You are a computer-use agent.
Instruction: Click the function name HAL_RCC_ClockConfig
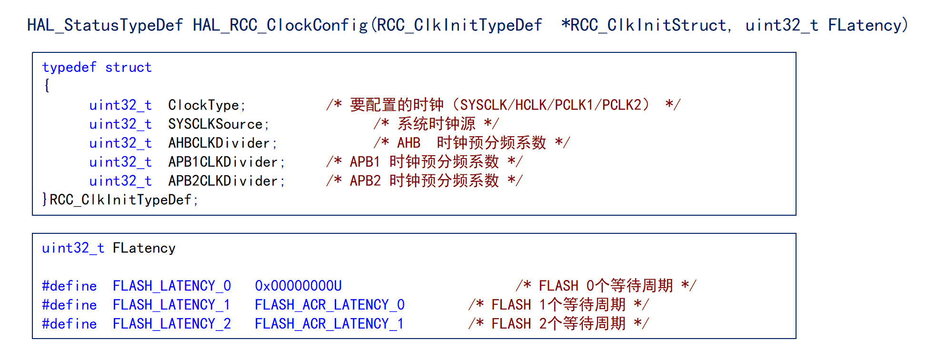tap(280, 25)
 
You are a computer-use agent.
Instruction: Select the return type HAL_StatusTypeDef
tap(105, 25)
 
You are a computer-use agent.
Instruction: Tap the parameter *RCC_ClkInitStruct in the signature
tap(644, 25)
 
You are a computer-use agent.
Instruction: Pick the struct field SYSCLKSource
tap(219, 124)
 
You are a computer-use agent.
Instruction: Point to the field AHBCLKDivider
tap(222, 143)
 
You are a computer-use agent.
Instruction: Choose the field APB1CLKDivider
tap(226, 162)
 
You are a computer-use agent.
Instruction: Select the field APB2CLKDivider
tap(226, 181)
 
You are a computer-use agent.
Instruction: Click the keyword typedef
tap(69, 68)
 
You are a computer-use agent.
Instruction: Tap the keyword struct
tap(128, 68)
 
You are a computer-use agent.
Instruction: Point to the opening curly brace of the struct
tap(47, 86)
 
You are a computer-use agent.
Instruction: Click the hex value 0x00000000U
tap(298, 286)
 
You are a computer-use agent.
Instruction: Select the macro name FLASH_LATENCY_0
tap(171, 286)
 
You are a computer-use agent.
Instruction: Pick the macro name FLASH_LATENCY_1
tap(171, 305)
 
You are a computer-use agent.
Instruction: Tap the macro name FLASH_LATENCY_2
tap(171, 324)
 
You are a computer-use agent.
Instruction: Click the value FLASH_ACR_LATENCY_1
tap(329, 324)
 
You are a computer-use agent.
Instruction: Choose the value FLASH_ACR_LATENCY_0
tap(329, 305)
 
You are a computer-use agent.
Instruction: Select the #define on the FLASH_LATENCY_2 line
tap(69, 324)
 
